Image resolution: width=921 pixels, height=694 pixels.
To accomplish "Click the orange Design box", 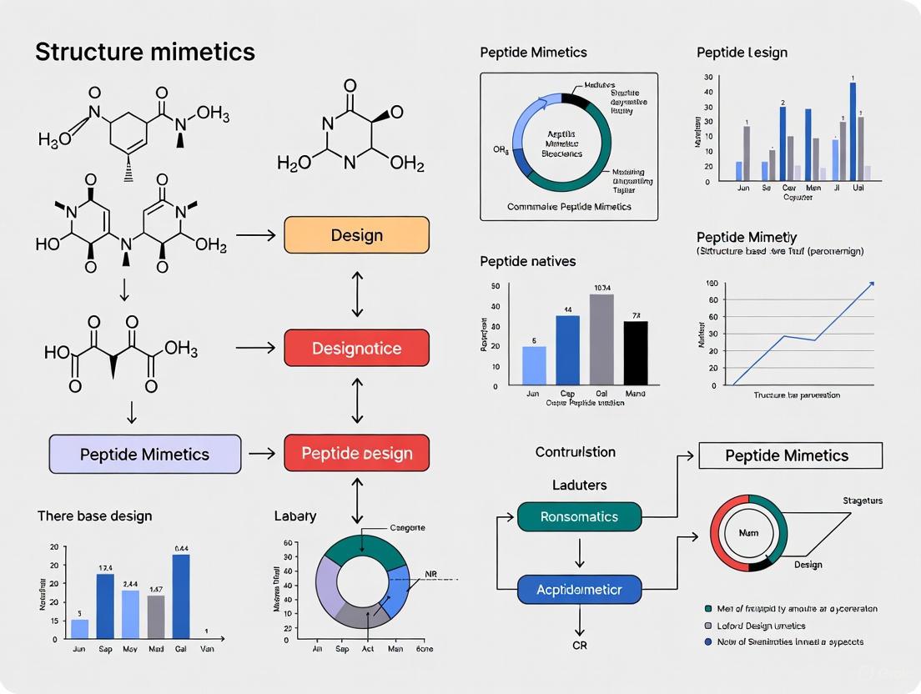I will click(x=356, y=235).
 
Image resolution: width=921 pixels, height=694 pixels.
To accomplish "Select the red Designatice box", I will click(x=356, y=348).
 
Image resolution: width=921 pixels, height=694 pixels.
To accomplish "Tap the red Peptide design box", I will click(x=356, y=454).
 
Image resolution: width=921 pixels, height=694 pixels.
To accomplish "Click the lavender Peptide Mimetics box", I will click(x=145, y=455).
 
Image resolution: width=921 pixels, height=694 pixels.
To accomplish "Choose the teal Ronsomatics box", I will click(x=579, y=517).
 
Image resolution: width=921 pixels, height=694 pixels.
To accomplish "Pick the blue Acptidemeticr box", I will click(x=579, y=590).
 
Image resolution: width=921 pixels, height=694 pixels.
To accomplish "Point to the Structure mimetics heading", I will click(x=144, y=52).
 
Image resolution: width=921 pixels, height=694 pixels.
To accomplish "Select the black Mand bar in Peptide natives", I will click(x=636, y=354).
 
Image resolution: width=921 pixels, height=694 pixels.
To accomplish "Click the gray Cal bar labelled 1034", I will click(x=601, y=340).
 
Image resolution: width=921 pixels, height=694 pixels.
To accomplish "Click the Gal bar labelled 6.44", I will click(x=181, y=596).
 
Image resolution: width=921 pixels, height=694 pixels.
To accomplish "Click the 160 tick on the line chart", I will click(x=712, y=284).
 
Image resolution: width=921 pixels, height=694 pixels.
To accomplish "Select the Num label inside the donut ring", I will click(x=748, y=532).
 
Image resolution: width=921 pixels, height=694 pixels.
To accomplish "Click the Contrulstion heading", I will click(x=576, y=452).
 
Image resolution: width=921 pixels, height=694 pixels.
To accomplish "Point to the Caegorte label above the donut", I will click(x=408, y=528).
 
